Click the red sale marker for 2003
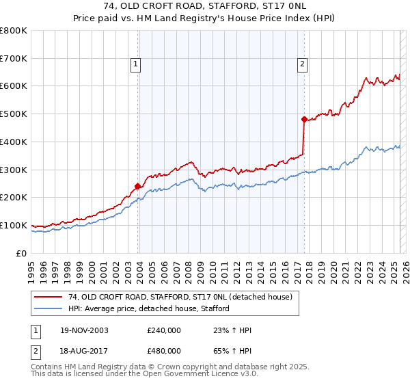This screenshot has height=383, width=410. [138, 185]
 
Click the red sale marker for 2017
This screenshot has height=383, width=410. [304, 118]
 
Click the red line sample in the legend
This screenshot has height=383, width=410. [49, 297]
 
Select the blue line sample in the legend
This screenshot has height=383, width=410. [49, 308]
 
